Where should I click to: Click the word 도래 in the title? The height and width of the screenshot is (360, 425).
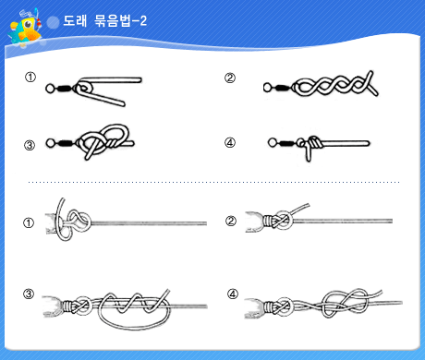(x=75, y=21)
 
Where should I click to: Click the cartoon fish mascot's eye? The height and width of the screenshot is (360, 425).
(x=28, y=24)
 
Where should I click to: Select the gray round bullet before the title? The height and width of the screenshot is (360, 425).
(x=53, y=22)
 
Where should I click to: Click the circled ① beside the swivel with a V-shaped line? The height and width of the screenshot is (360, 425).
(x=30, y=77)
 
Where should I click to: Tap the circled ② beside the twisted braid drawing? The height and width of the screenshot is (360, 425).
(x=230, y=78)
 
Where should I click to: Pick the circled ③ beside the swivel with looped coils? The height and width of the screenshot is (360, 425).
(x=30, y=145)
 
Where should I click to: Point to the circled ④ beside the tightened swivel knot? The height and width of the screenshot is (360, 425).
(x=230, y=142)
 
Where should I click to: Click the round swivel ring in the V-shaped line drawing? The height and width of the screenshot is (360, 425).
(x=50, y=89)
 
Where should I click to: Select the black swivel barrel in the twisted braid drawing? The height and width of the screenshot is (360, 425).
(x=281, y=88)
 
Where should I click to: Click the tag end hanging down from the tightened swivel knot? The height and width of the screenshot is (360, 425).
(x=309, y=153)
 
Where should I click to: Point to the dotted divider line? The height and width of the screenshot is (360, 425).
(x=213, y=182)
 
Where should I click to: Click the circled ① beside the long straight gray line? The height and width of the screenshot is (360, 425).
(x=29, y=222)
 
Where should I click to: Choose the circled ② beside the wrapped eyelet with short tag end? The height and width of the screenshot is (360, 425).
(x=231, y=221)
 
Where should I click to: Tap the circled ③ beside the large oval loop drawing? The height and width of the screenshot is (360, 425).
(x=29, y=294)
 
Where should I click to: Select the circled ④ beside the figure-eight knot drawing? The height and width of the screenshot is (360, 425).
(x=233, y=294)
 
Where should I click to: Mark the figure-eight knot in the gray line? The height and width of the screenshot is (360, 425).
(x=345, y=303)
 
